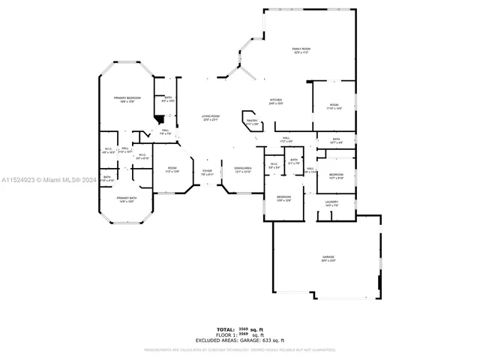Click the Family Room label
click(301, 49)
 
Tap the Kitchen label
click(275, 100)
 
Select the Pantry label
click(252, 120)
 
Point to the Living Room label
click(210, 115)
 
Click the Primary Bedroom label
click(127, 98)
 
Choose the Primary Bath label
click(126, 198)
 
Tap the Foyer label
click(207, 171)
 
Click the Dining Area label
click(242, 168)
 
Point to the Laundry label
click(331, 201)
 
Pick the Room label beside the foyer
click(172, 168)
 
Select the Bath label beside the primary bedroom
click(168, 97)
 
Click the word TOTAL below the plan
click(226, 328)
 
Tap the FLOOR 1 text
click(224, 334)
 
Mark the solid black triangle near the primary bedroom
click(158, 118)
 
